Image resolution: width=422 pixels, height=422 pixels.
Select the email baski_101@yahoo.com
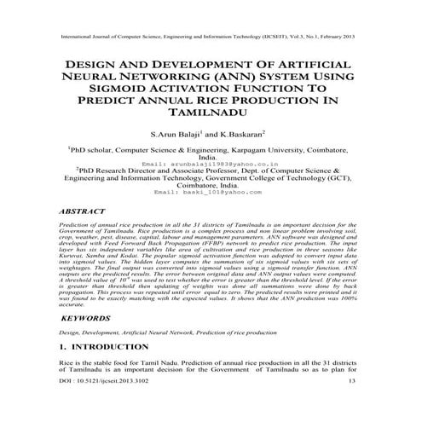point(210,194)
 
